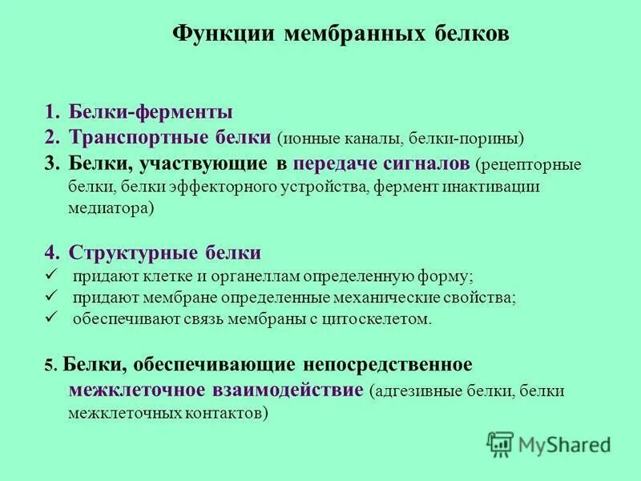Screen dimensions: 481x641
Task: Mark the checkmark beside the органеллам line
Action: [x=50, y=275]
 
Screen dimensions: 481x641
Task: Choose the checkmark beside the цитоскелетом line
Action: [x=50, y=318]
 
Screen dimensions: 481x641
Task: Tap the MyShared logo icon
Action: [x=500, y=443]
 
